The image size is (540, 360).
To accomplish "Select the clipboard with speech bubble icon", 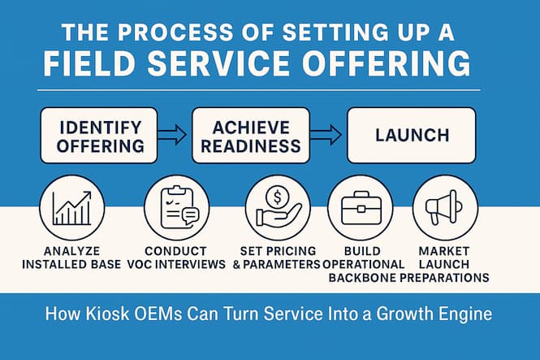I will pyautogui.click(x=176, y=207).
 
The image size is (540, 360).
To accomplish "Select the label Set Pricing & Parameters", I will pyautogui.click(x=276, y=258).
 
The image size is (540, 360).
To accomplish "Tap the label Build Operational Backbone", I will pyautogui.click(x=363, y=264).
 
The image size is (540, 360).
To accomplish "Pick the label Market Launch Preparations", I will pyautogui.click(x=445, y=264).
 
